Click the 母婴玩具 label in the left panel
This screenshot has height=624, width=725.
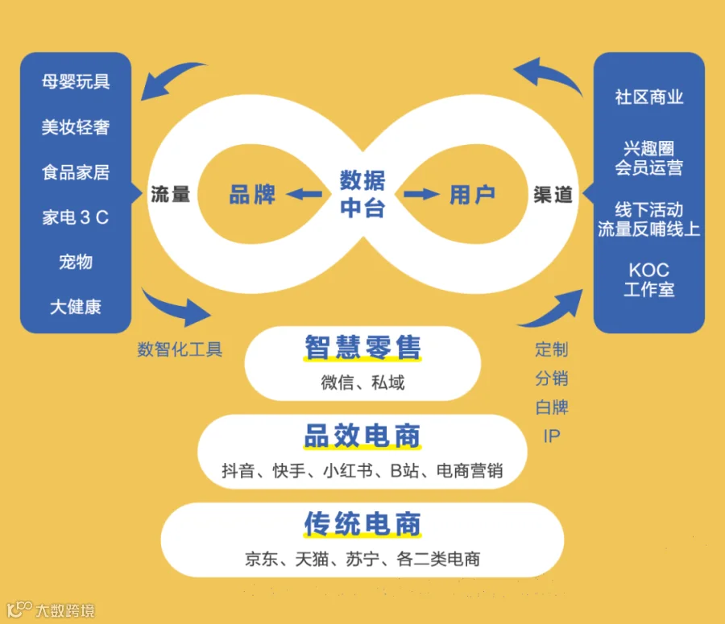pyautogui.click(x=76, y=82)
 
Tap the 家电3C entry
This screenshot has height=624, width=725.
pyautogui.click(x=76, y=217)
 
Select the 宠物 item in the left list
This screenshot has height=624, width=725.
pyautogui.click(x=76, y=262)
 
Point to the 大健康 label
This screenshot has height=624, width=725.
pyautogui.click(x=76, y=307)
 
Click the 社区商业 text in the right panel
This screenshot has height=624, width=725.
pyautogui.click(x=648, y=97)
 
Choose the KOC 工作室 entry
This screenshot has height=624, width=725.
pyautogui.click(x=648, y=279)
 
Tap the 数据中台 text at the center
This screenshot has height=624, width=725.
pyautogui.click(x=363, y=194)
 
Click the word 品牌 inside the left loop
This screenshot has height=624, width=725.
pyautogui.click(x=252, y=194)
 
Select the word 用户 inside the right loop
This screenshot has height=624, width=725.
pyautogui.click(x=473, y=194)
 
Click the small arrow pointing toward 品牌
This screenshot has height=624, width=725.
pyautogui.click(x=304, y=194)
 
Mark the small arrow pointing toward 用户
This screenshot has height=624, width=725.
pyautogui.click(x=421, y=194)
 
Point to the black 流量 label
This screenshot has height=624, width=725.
pyautogui.click(x=171, y=195)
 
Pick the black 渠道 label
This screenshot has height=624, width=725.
pyautogui.click(x=553, y=195)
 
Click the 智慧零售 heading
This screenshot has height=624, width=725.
pyautogui.click(x=363, y=347)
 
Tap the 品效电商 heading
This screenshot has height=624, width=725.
pyautogui.click(x=363, y=436)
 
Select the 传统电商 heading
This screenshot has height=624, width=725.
pyautogui.click(x=363, y=523)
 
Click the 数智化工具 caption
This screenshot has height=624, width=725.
pyautogui.click(x=180, y=349)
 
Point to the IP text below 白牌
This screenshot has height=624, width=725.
pyautogui.click(x=552, y=436)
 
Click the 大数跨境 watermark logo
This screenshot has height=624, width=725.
pyautogui.click(x=51, y=610)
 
